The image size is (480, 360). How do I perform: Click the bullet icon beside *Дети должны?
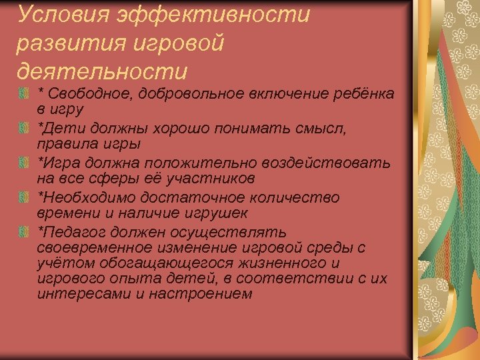click(24, 127)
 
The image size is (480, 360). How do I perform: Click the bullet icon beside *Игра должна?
click(24, 163)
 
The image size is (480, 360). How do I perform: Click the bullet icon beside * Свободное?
click(24, 92)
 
